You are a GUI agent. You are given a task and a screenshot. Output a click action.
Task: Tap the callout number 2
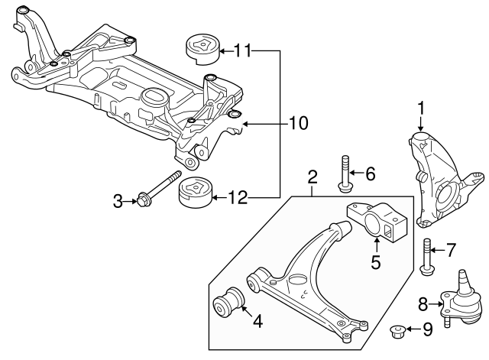(313, 178)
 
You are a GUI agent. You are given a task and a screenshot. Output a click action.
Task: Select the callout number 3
(118, 202)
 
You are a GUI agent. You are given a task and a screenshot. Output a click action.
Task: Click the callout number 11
(242, 51)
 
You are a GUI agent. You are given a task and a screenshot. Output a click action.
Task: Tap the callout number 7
(451, 249)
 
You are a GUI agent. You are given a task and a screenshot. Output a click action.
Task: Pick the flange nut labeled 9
(397, 330)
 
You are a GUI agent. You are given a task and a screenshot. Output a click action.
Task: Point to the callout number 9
(427, 329)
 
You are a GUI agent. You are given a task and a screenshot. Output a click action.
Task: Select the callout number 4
(257, 322)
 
